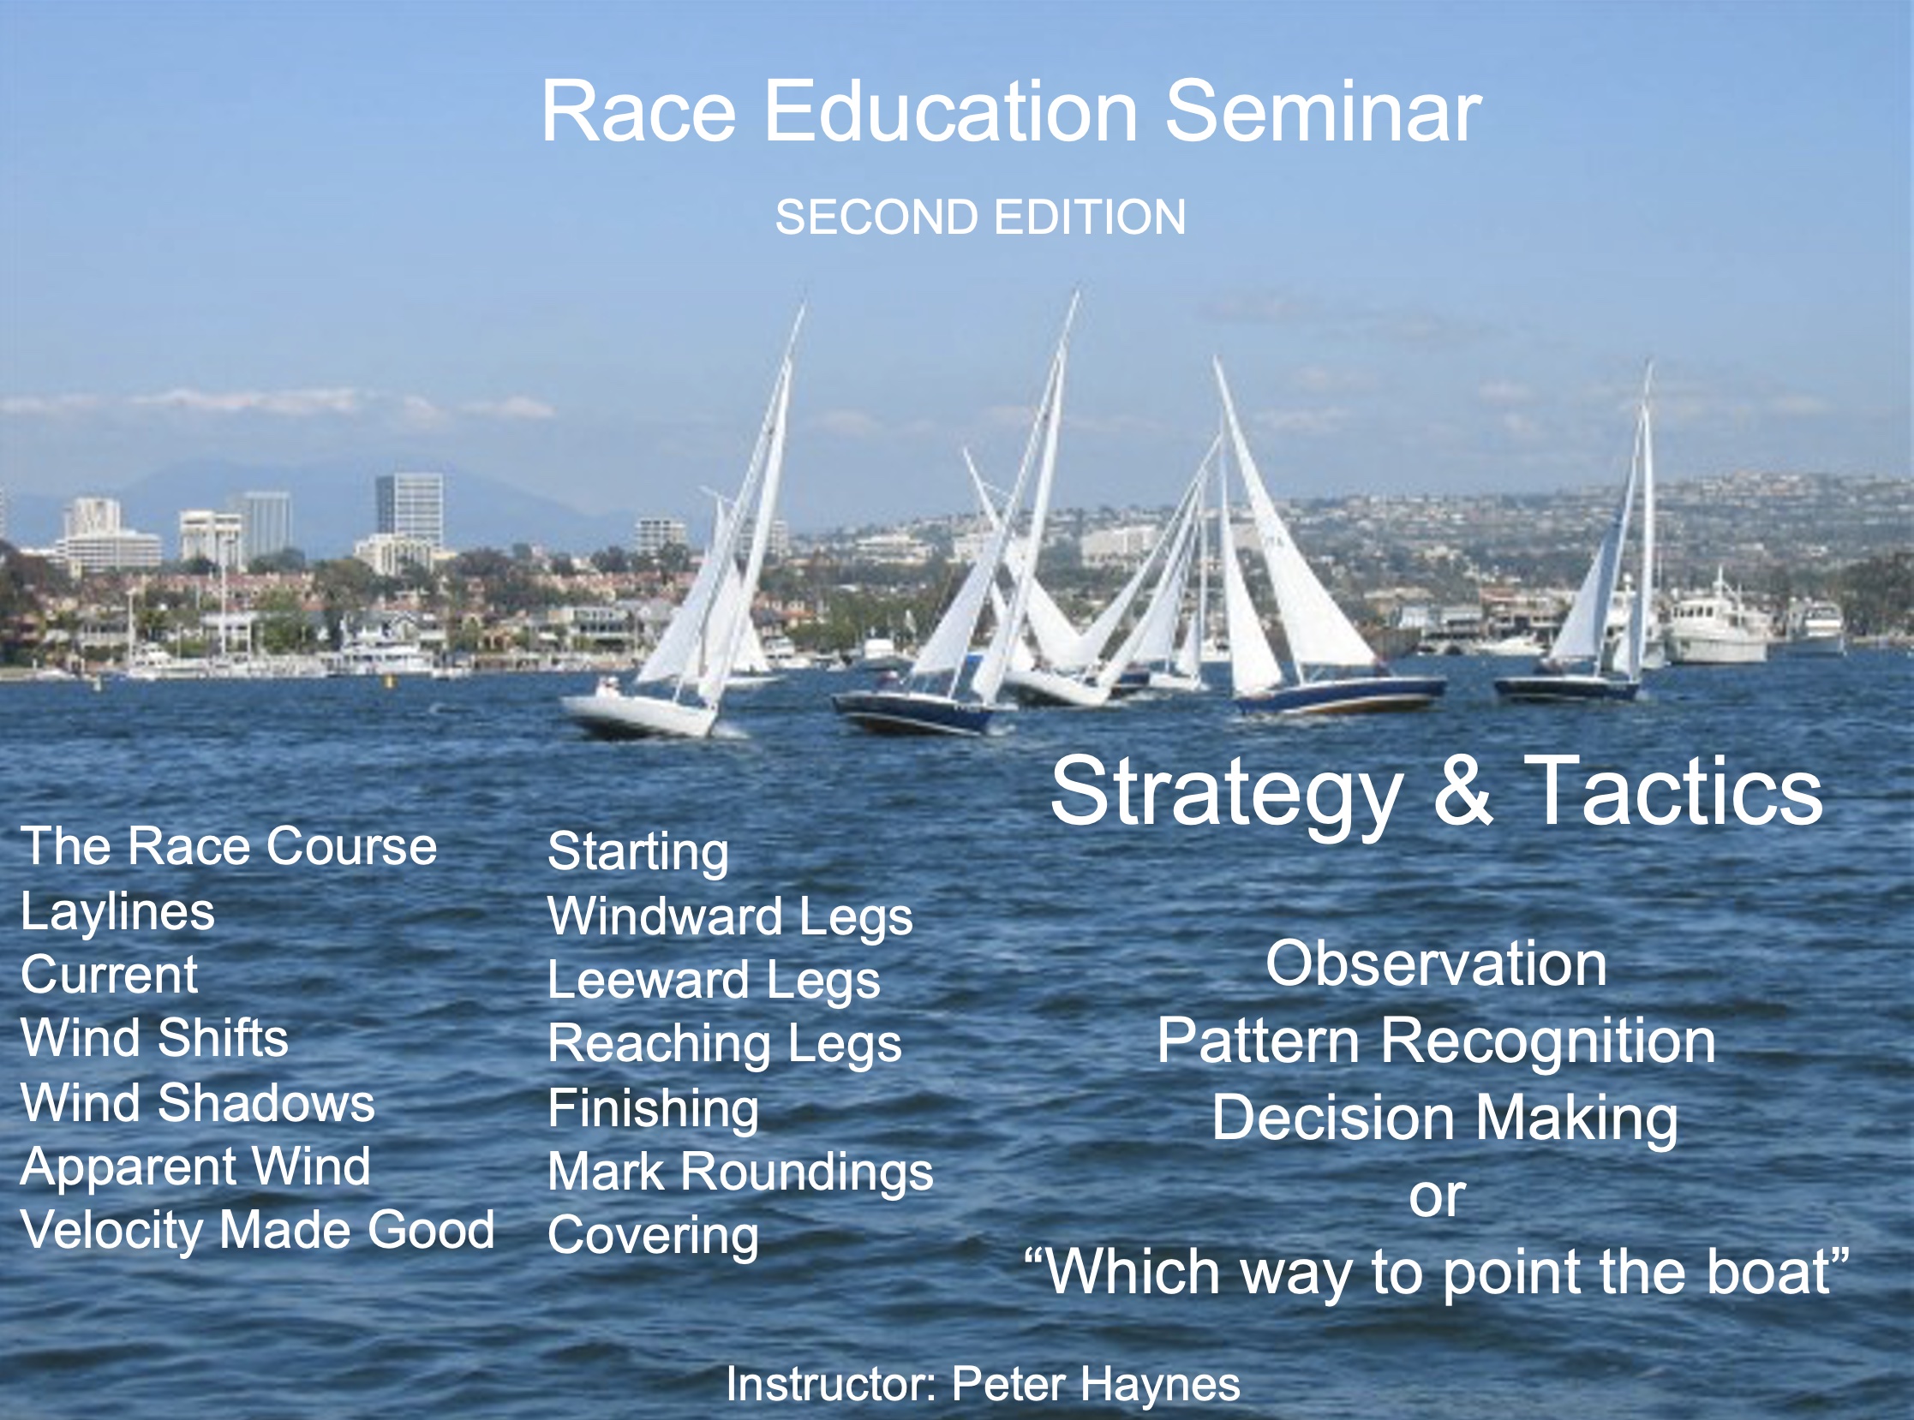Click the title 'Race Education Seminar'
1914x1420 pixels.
pyautogui.click(x=1011, y=111)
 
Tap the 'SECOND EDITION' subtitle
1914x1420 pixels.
pyautogui.click(x=980, y=217)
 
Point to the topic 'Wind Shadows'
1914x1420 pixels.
pyautogui.click(x=198, y=1103)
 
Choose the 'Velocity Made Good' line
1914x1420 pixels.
pyautogui.click(x=258, y=1231)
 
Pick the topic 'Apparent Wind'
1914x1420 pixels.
pyautogui.click(x=196, y=1168)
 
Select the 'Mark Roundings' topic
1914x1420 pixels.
pyautogui.click(x=740, y=1173)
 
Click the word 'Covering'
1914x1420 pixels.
pyautogui.click(x=654, y=1238)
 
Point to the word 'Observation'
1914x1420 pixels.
pyautogui.click(x=1436, y=964)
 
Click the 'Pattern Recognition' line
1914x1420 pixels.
pyautogui.click(x=1436, y=1042)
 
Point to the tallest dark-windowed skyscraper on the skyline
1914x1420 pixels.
pyautogui.click(x=410, y=510)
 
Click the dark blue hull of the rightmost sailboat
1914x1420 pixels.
pyautogui.click(x=1567, y=689)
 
